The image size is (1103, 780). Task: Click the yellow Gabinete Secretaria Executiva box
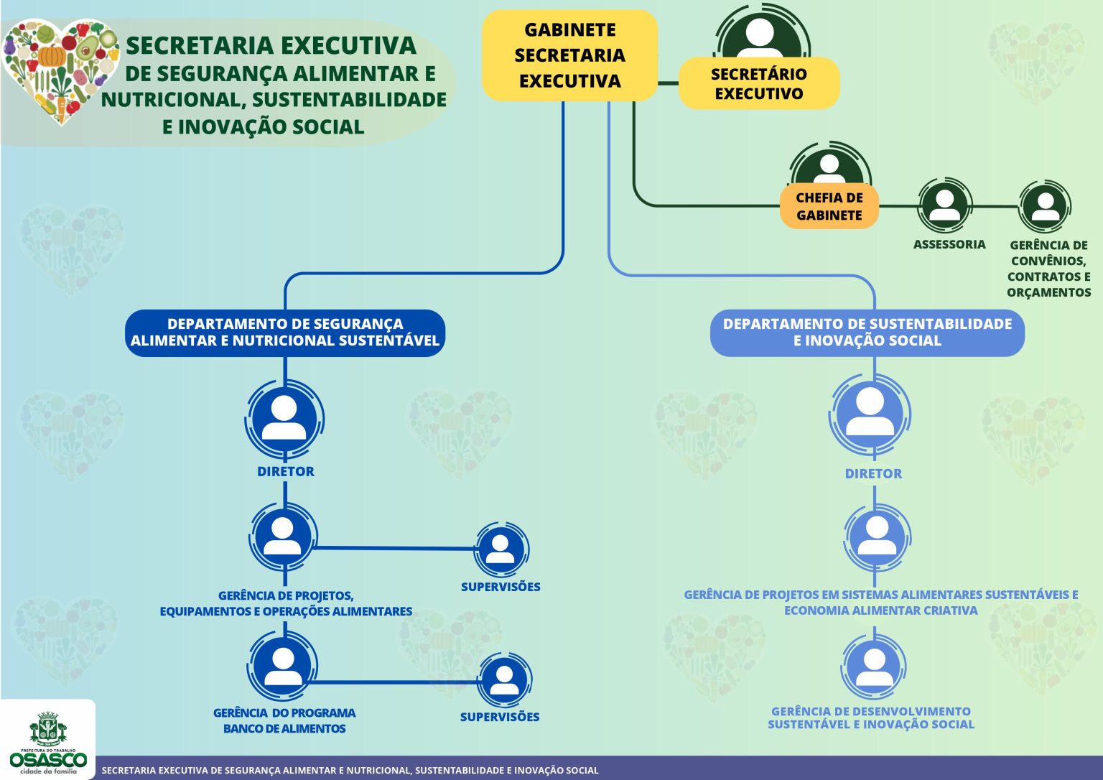[569, 55]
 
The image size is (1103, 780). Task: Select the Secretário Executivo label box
[758, 83]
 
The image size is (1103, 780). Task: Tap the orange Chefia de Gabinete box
[829, 206]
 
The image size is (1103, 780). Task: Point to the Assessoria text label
[949, 244]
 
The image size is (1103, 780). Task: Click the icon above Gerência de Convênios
[1045, 206]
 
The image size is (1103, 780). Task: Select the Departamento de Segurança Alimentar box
[285, 333]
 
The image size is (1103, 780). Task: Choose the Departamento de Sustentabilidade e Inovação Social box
[867, 333]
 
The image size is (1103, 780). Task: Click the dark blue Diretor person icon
[284, 418]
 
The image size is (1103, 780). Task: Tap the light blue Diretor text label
[873, 473]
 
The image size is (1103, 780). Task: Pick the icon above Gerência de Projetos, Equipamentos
[283, 536]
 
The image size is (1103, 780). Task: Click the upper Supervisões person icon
[501, 549]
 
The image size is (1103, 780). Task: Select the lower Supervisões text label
[499, 717]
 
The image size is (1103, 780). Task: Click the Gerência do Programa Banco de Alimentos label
[284, 720]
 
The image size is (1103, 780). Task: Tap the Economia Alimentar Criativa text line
[880, 610]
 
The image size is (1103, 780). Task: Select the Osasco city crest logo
[48, 730]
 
